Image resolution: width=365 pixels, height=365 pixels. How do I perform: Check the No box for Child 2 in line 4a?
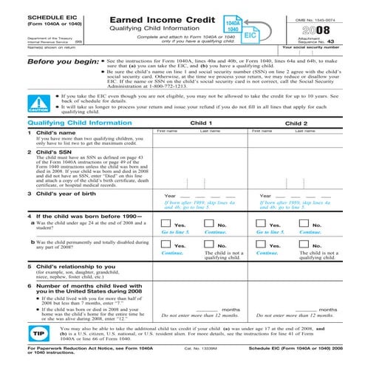[x=307, y=225]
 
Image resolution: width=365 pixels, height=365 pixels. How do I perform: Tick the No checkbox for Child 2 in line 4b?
[x=307, y=245]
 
